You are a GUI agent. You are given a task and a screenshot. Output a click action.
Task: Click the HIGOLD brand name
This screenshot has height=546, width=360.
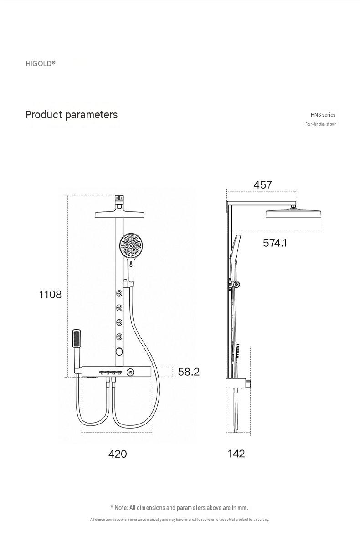tap(41, 63)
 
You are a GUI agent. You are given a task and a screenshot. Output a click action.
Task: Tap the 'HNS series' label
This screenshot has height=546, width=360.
tap(323, 115)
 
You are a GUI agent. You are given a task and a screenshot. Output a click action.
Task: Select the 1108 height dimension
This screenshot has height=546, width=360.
tap(50, 295)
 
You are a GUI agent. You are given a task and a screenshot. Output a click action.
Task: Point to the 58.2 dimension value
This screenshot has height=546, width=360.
tap(189, 372)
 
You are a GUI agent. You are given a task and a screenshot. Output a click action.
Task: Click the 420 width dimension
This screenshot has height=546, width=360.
tap(118, 454)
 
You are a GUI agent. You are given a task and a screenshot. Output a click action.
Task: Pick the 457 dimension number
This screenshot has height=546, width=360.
tap(263, 184)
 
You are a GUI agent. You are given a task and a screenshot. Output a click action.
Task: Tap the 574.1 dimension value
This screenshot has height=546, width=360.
tap(275, 243)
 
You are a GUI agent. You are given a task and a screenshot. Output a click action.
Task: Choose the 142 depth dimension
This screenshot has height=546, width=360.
tap(237, 454)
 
